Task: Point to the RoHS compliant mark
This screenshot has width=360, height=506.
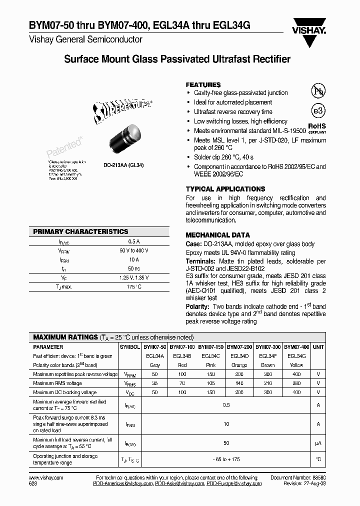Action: click(316, 128)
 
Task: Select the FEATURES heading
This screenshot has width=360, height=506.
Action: click(203, 85)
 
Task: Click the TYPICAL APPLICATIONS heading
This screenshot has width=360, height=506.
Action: click(225, 189)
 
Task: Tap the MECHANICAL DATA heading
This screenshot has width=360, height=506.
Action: click(217, 235)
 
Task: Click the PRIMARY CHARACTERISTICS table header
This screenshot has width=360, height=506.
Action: click(80, 232)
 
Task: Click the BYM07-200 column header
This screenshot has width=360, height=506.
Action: click(239, 346)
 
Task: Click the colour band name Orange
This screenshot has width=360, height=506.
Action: click(239, 365)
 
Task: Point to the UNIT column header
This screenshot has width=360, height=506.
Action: click(318, 346)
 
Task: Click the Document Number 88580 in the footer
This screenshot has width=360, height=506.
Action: click(297, 478)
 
